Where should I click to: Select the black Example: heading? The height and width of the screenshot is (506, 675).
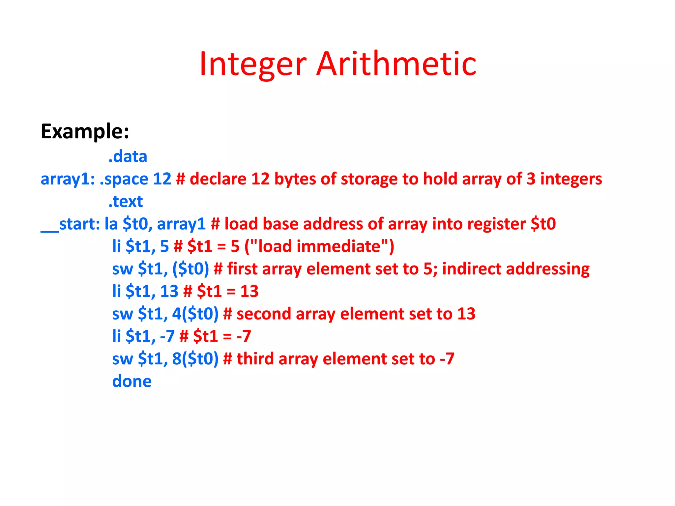tap(85, 132)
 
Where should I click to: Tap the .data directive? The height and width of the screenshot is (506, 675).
tap(128, 156)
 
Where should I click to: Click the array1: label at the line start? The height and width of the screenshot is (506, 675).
tap(68, 179)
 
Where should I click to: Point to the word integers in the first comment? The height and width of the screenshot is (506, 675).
tap(571, 179)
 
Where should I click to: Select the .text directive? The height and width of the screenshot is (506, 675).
tap(126, 201)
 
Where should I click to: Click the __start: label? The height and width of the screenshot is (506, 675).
tap(70, 224)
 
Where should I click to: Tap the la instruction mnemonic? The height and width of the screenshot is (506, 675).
tap(111, 224)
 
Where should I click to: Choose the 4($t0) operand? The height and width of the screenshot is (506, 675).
tap(195, 314)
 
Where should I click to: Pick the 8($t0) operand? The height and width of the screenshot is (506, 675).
tap(195, 359)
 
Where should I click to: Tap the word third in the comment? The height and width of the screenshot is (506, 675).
tap(255, 359)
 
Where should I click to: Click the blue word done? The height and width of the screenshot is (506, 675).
tap(132, 381)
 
